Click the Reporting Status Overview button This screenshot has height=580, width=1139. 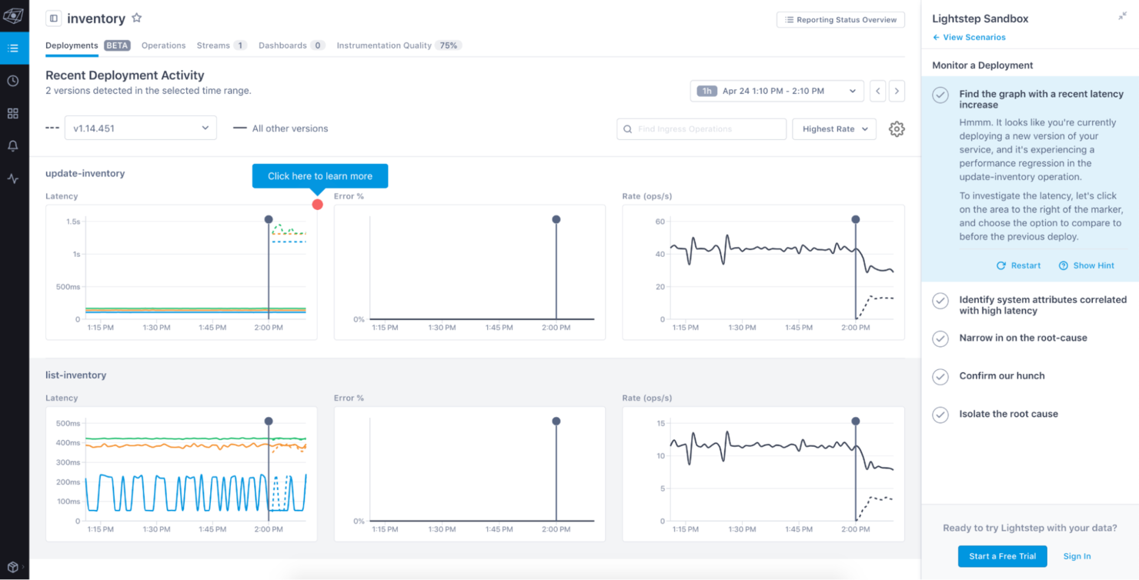(840, 20)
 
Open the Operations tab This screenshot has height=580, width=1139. (163, 45)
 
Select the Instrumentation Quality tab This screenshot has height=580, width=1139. (384, 45)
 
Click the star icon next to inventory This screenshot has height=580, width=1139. (137, 18)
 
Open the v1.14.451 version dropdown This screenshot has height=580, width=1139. (140, 128)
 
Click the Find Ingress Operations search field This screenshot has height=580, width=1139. (701, 129)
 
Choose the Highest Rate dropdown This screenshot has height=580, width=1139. (834, 129)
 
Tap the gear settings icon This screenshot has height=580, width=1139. (897, 129)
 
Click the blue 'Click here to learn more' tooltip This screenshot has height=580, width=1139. (319, 176)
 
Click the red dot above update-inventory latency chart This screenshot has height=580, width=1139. (317, 205)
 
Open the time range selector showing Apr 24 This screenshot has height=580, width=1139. (777, 91)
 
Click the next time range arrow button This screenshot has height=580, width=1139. (897, 91)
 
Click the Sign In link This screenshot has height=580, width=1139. (1077, 556)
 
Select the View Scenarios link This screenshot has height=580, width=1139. (969, 37)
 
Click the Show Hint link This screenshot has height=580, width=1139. (1087, 265)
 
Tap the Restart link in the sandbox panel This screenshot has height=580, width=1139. (1018, 265)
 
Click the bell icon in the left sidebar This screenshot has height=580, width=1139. (13, 146)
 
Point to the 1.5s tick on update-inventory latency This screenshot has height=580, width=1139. (73, 222)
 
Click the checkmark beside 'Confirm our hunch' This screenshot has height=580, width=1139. (940, 377)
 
